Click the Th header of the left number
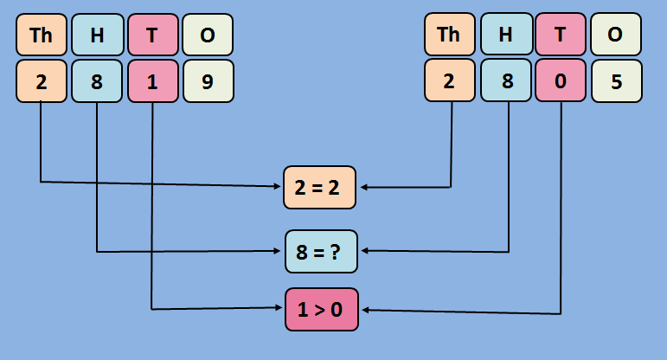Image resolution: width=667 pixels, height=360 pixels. (42, 35)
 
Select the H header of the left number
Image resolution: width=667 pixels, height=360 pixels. (97, 35)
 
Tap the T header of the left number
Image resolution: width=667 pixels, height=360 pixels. (152, 35)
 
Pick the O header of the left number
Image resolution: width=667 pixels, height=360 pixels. (208, 35)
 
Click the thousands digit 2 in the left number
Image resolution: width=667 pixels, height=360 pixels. (42, 81)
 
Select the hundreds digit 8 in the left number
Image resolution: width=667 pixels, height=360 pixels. (97, 81)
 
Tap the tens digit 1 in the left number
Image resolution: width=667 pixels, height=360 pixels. (152, 81)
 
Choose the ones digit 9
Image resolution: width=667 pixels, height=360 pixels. (208, 81)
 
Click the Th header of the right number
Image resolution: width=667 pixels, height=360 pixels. (450, 35)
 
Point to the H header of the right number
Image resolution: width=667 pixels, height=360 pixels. (505, 35)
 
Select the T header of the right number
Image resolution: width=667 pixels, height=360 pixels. (561, 35)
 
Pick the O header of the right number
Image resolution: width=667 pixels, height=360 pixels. (616, 35)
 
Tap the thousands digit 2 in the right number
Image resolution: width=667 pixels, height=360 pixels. (450, 81)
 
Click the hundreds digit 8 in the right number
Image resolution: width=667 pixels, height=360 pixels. (505, 81)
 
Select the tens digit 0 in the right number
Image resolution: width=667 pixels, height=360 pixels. (561, 81)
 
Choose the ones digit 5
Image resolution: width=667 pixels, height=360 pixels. (616, 81)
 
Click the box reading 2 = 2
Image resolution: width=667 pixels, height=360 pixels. (321, 187)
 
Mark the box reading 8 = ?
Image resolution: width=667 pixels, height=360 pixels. (321, 252)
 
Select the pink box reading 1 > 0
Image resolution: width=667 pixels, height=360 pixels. (321, 309)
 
